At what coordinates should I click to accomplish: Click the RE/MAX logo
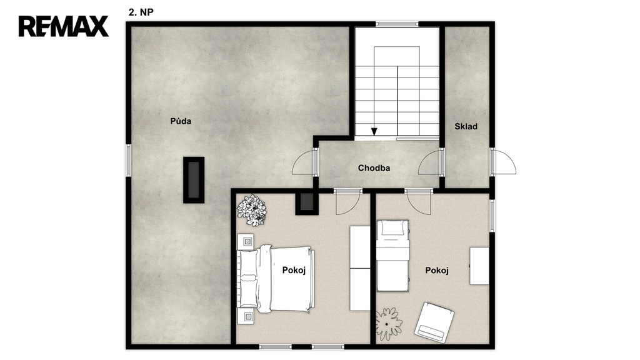click(x=64, y=26)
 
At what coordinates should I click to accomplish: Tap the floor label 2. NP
click(x=141, y=12)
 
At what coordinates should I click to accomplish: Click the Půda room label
click(x=181, y=121)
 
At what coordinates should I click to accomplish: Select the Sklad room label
click(x=466, y=126)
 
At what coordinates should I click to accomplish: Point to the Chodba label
click(x=374, y=167)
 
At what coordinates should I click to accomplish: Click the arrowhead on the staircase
click(x=374, y=131)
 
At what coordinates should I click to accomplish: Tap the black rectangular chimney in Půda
click(x=194, y=180)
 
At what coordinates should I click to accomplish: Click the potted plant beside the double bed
click(x=252, y=210)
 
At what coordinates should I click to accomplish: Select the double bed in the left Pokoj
click(x=276, y=279)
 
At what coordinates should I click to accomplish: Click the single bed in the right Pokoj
click(x=392, y=256)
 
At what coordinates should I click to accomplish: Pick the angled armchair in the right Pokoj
click(x=434, y=322)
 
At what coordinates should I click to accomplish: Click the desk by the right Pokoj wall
click(x=479, y=266)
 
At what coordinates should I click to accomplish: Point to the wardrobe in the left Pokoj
click(x=360, y=268)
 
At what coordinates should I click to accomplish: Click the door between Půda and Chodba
click(x=305, y=162)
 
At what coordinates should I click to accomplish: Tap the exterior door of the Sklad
click(x=503, y=162)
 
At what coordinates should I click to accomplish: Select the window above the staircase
click(x=397, y=24)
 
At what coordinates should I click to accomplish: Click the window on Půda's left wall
click(x=128, y=160)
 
